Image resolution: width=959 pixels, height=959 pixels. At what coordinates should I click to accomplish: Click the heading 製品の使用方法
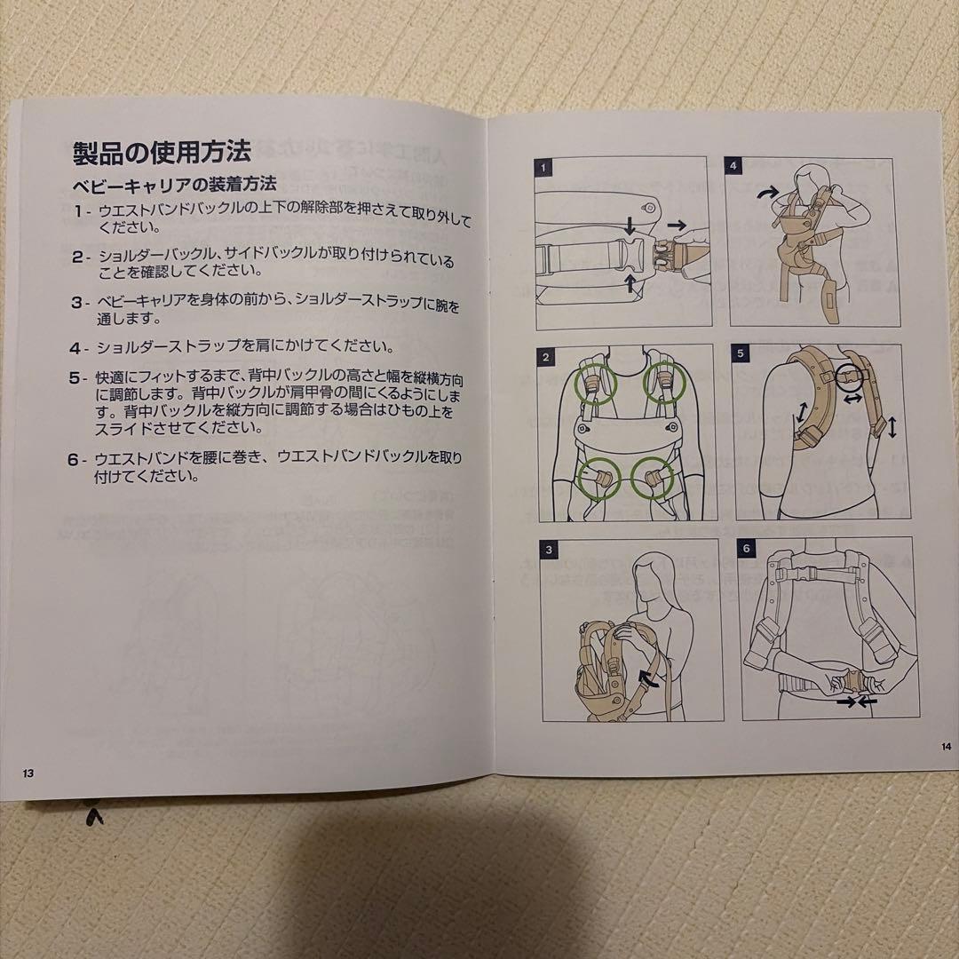[x=162, y=151]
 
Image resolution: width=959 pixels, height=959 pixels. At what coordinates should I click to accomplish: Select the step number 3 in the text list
[x=78, y=302]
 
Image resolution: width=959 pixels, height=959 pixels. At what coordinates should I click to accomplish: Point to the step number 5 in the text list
[x=77, y=377]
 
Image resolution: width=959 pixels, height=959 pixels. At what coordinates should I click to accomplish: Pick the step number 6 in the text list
[x=77, y=459]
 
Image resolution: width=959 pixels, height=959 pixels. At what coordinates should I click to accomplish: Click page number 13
[x=29, y=773]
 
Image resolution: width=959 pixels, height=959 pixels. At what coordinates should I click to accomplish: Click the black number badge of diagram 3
[x=549, y=550]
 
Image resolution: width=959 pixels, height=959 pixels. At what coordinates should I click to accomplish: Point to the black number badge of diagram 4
[x=733, y=165]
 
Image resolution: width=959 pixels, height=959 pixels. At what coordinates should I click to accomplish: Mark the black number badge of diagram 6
[x=746, y=548]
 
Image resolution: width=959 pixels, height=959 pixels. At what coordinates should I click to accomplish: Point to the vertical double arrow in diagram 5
[x=892, y=426]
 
